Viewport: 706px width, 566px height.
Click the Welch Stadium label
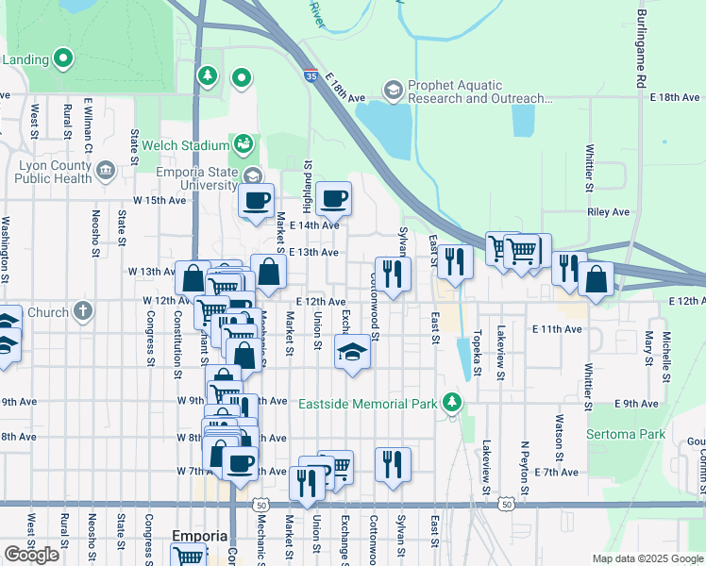pyautogui.click(x=186, y=146)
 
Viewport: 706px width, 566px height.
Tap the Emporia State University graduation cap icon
pyautogui.click(x=252, y=175)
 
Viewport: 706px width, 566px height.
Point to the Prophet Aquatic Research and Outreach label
pyautogui.click(x=480, y=92)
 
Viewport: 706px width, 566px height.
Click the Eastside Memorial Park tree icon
pyautogui.click(x=453, y=403)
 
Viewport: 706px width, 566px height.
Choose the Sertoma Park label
pyautogui.click(x=626, y=435)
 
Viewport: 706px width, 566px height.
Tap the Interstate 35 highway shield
pyautogui.click(x=311, y=75)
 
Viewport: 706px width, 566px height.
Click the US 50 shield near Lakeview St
pyautogui.click(x=508, y=505)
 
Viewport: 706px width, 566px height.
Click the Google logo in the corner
pyautogui.click(x=31, y=555)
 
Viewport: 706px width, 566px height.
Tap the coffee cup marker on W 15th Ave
pyautogui.click(x=256, y=200)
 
